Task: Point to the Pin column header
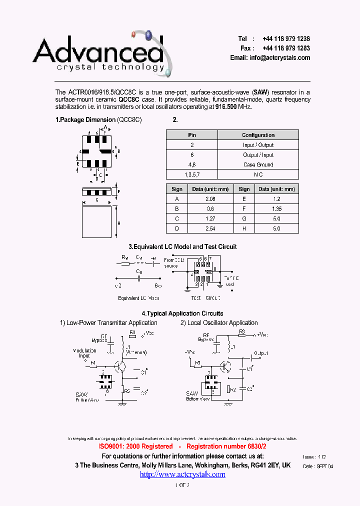pos(192,135)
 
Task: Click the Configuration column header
pos(258,135)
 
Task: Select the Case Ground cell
pos(258,164)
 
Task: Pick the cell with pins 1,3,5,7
pos(192,174)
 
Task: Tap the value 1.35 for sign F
pos(276,209)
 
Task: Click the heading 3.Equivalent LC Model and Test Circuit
pos(182,246)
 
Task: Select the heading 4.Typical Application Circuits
pos(182,313)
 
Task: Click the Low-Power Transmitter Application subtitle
pos(108,323)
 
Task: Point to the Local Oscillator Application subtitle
pos(219,323)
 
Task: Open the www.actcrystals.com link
pos(182,474)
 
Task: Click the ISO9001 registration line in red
pos(182,446)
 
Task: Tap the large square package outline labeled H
pos(97,223)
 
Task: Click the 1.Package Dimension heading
pos(98,120)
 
